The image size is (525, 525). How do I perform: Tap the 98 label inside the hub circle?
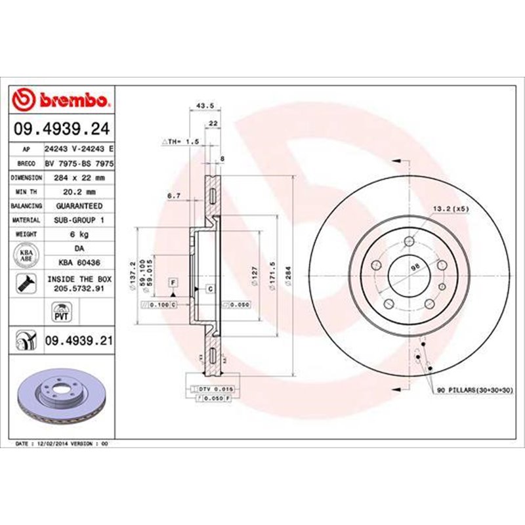[x=414, y=269]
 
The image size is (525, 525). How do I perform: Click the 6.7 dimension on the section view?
[x=173, y=196]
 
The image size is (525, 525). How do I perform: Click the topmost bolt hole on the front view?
[x=409, y=240]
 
